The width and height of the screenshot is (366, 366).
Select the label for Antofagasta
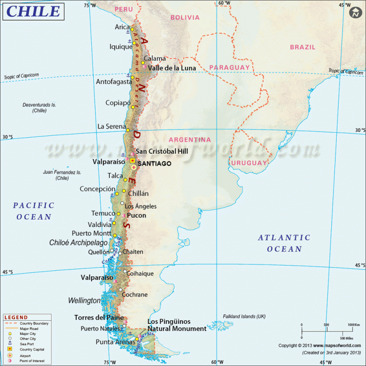pos(114,82)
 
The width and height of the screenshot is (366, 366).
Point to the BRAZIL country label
pos(302,47)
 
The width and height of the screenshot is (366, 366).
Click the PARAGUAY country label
pos(230,67)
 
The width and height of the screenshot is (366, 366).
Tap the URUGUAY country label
pos(249,163)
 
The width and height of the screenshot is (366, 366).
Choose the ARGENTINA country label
pos(190,140)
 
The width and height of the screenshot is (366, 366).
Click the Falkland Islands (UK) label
pos(244,317)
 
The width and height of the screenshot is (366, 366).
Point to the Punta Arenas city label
pos(114,342)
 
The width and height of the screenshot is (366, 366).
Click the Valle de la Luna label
pos(172,68)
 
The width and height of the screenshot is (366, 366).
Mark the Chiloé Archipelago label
pos(78,242)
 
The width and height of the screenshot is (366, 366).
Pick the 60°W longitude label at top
pos(224,3)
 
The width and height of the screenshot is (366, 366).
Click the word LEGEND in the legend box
pos(16,318)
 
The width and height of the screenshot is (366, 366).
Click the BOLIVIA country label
pos(185,17)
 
